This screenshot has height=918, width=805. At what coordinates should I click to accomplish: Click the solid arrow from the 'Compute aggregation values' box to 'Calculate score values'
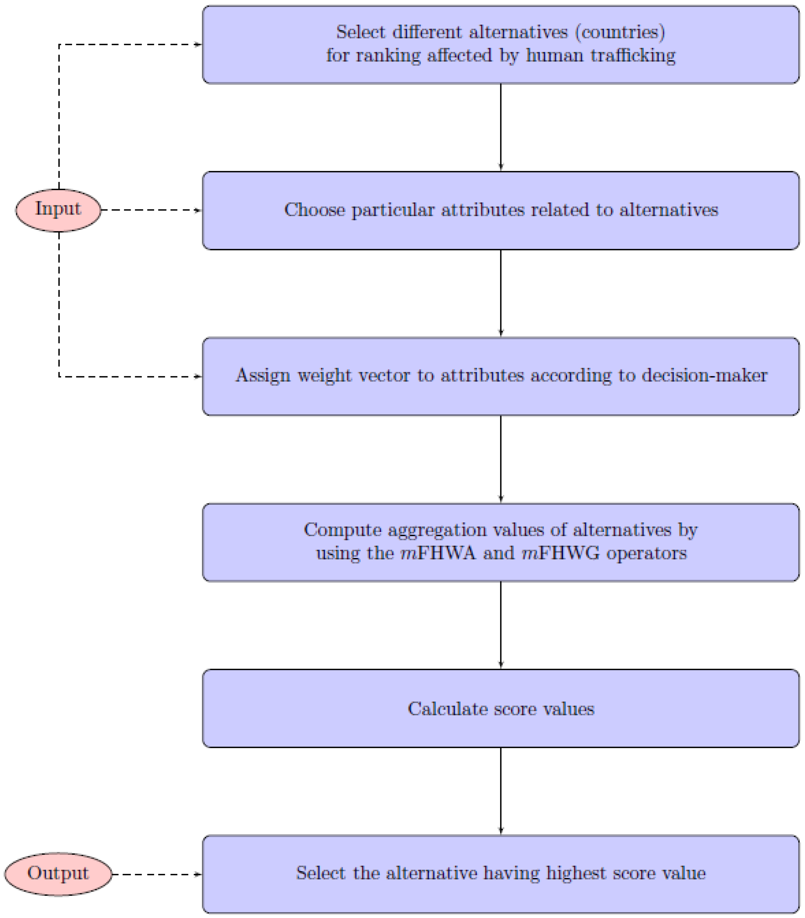coord(501,625)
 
